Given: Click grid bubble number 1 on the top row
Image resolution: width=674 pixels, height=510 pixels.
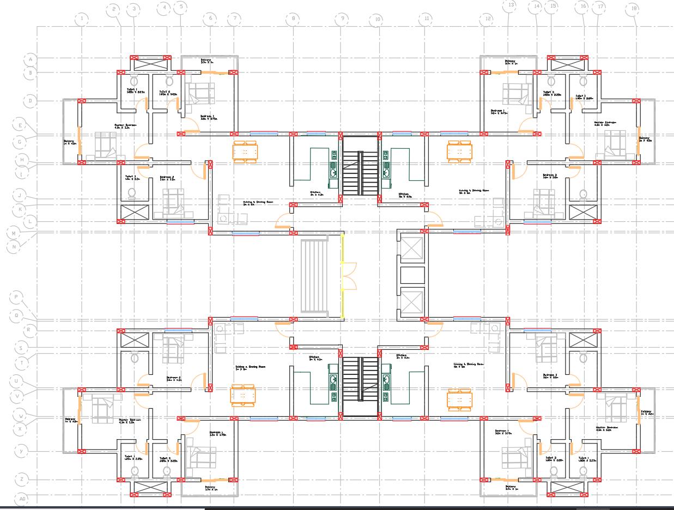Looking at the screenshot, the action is click(82, 20).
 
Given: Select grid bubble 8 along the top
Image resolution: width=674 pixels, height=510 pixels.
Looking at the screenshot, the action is click(293, 19).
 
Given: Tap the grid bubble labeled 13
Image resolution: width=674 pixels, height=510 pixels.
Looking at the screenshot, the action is click(511, 6).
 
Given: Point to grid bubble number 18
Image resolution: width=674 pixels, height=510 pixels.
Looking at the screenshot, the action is click(633, 9).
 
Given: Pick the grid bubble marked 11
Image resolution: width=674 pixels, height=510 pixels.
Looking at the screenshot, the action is click(427, 19).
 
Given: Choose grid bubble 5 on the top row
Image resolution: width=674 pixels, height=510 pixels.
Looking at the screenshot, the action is click(180, 8).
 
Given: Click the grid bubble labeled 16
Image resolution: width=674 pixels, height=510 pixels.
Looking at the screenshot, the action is click(584, 7).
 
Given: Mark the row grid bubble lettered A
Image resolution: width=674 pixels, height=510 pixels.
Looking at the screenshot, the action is click(31, 59).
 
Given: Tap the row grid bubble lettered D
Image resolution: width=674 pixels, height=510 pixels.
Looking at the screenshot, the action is click(31, 101).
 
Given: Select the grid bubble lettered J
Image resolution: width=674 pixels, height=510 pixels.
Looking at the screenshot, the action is click(20, 196).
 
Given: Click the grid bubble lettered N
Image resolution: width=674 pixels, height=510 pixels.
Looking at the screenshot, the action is click(14, 246).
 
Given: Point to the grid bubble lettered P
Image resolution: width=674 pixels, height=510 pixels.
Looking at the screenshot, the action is click(17, 297).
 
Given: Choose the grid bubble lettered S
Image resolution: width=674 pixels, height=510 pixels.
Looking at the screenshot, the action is click(21, 348).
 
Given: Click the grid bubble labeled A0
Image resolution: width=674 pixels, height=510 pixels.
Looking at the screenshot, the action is click(22, 499).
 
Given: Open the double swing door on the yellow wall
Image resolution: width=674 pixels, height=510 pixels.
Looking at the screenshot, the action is click(349, 275).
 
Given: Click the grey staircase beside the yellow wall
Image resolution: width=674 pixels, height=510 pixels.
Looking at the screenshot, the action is click(314, 275).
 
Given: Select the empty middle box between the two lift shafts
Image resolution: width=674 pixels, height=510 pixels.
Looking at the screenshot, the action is click(412, 275).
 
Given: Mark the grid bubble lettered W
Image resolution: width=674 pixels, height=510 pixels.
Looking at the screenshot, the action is click(21, 416).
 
